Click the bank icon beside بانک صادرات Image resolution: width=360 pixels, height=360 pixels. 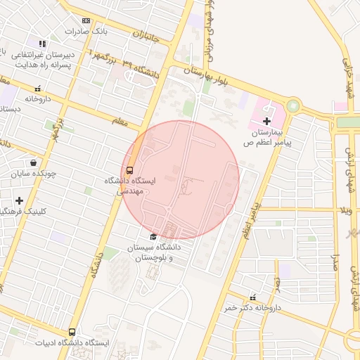[x=86, y=21]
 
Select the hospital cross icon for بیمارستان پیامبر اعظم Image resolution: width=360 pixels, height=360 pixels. [x=266, y=122]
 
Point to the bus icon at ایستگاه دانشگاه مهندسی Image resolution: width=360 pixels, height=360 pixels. [x=129, y=170]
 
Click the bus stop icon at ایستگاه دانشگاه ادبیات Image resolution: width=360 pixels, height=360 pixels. [x=72, y=332]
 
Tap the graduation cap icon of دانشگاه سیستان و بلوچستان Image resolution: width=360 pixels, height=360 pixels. [x=154, y=236]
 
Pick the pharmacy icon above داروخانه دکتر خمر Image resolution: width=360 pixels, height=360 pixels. [x=252, y=297]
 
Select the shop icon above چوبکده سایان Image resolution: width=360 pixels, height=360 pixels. [x=34, y=162]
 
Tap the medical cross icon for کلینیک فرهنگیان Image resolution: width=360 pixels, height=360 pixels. [x=19, y=200]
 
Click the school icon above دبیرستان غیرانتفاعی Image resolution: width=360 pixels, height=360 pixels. [x=42, y=44]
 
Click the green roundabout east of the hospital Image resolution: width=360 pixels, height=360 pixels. [x=292, y=107]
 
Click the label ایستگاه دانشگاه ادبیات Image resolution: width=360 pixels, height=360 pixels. [x=72, y=343]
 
